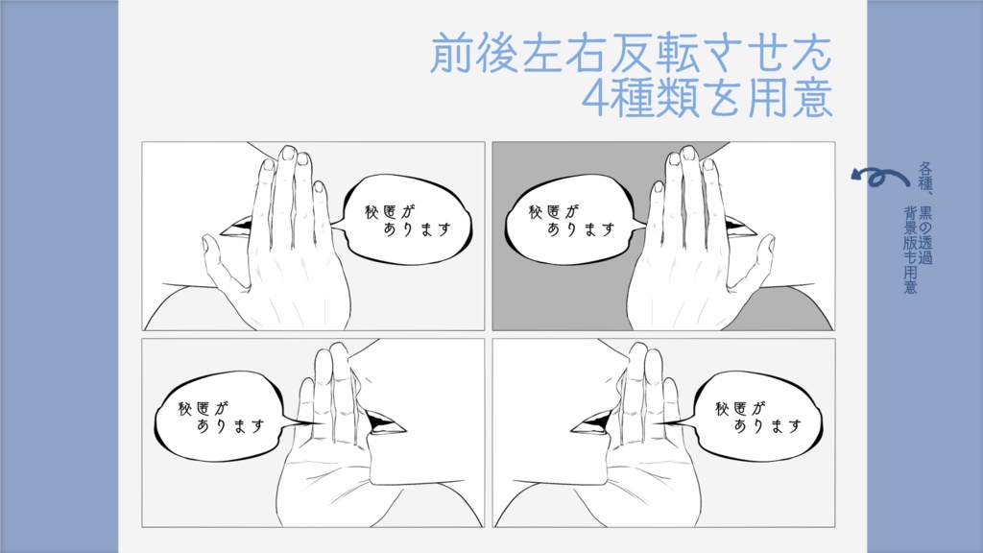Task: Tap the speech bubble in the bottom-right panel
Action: [x=757, y=415]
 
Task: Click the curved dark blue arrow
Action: [x=881, y=177]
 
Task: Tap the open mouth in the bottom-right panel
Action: [x=593, y=421]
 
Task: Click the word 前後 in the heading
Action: [x=470, y=54]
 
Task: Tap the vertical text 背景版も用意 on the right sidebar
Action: [x=909, y=248]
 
